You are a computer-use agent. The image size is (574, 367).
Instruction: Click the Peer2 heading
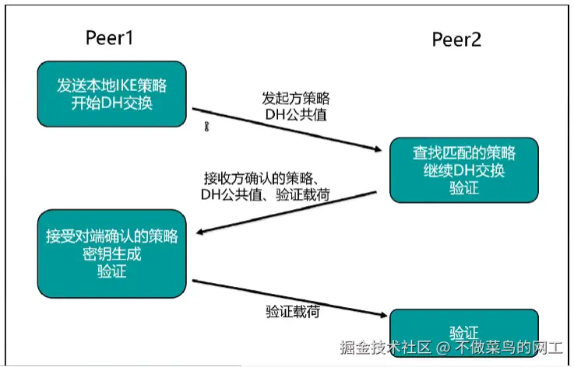coord(456,40)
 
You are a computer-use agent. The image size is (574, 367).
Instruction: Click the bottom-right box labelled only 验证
coord(463,332)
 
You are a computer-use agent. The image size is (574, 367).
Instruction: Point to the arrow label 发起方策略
coord(295,99)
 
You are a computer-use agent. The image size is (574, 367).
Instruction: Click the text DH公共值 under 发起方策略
coord(295,116)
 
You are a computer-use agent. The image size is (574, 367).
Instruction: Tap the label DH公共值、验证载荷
coord(265,194)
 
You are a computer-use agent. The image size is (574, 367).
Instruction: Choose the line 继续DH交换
coord(463,169)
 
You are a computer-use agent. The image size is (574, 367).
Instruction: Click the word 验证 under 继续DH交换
coord(463,187)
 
